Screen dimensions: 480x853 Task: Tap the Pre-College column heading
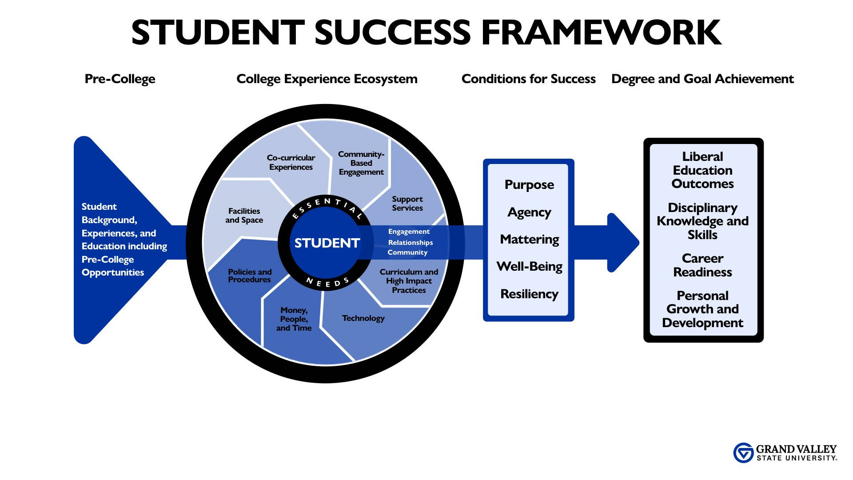pyautogui.click(x=120, y=79)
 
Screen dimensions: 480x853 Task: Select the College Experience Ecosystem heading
pyautogui.click(x=327, y=79)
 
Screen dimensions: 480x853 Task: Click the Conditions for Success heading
pyautogui.click(x=528, y=79)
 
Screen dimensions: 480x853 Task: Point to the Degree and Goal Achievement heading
pyautogui.click(x=702, y=79)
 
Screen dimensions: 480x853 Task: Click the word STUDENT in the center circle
pyautogui.click(x=327, y=243)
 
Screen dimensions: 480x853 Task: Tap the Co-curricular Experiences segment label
pyautogui.click(x=291, y=162)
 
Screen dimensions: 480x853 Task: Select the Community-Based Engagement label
pyautogui.click(x=361, y=163)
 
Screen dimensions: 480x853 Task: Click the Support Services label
pyautogui.click(x=407, y=204)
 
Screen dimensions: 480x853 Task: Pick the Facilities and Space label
pyautogui.click(x=244, y=216)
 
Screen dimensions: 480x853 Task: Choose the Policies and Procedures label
pyautogui.click(x=250, y=276)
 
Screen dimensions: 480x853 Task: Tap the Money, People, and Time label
pyautogui.click(x=294, y=319)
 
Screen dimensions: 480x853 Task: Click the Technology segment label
pyautogui.click(x=363, y=318)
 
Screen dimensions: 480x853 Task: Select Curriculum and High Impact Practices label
pyautogui.click(x=409, y=281)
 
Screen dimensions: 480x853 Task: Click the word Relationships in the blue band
pyautogui.click(x=411, y=243)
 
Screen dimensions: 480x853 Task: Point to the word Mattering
pyautogui.click(x=529, y=240)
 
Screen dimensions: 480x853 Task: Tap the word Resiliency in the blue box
pyautogui.click(x=529, y=294)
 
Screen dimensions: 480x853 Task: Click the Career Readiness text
pyautogui.click(x=702, y=265)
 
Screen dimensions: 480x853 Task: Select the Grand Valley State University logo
pyautogui.click(x=785, y=453)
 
